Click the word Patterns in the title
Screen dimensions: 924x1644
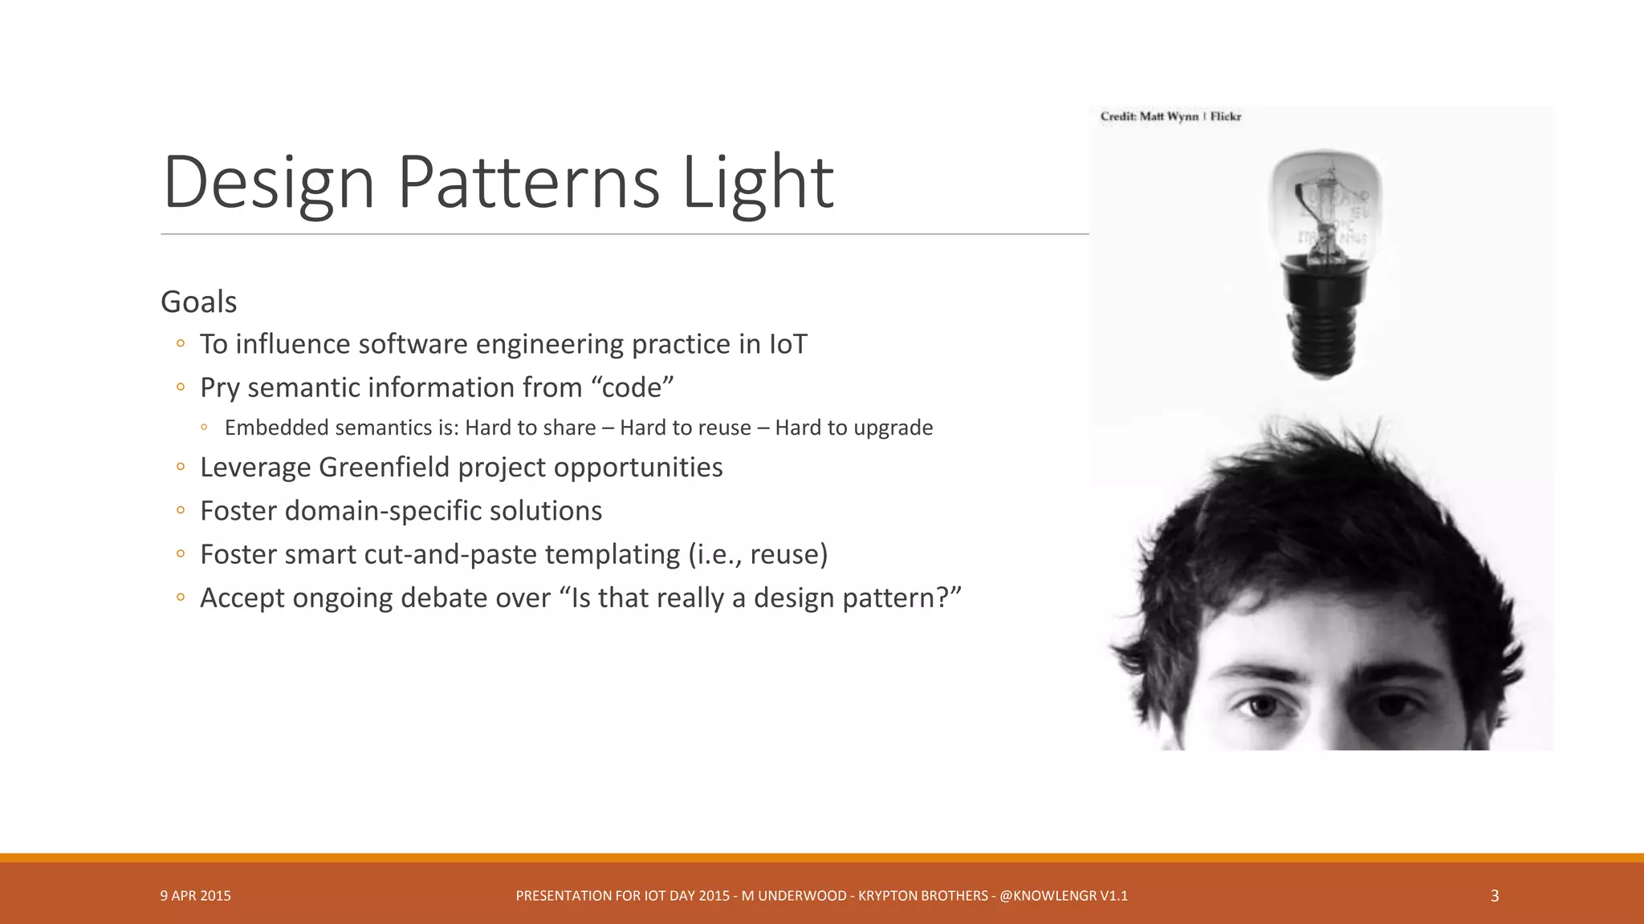point(528,182)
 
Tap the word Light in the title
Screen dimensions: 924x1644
point(758,182)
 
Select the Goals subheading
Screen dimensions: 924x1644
point(198,302)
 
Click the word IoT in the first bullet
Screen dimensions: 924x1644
point(787,344)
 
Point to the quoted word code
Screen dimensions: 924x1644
point(632,387)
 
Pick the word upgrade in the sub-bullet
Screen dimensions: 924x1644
point(893,428)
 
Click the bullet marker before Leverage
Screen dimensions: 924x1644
point(181,467)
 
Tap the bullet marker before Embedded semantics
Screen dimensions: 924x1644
point(205,428)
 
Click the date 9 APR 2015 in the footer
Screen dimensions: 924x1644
point(195,896)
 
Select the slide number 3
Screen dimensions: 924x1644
point(1494,896)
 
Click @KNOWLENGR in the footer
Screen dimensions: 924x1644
point(1047,896)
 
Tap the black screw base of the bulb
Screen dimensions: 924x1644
point(1325,329)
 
